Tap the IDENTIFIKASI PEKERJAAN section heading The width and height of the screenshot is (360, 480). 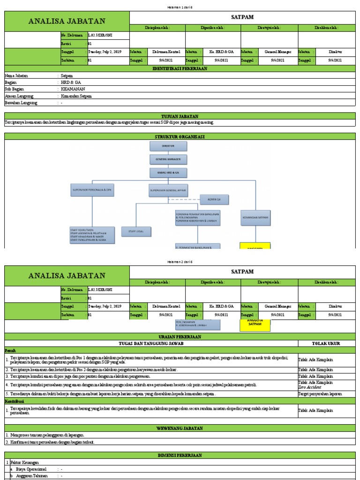coord(180,68)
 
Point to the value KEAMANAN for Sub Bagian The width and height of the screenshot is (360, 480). coord(73,89)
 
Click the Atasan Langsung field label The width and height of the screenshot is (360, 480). coord(19,96)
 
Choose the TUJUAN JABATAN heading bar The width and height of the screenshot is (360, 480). coord(180,116)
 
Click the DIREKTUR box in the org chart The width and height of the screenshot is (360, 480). coord(168,146)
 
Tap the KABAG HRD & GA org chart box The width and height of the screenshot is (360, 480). coord(168,172)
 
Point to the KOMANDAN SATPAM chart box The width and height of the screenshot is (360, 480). coord(255,218)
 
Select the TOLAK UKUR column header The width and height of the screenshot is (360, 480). coord(326,343)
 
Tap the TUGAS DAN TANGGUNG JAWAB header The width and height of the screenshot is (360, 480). coord(151,343)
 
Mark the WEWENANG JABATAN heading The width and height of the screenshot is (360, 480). coord(180,428)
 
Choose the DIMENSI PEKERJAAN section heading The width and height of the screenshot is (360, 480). coord(180,455)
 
